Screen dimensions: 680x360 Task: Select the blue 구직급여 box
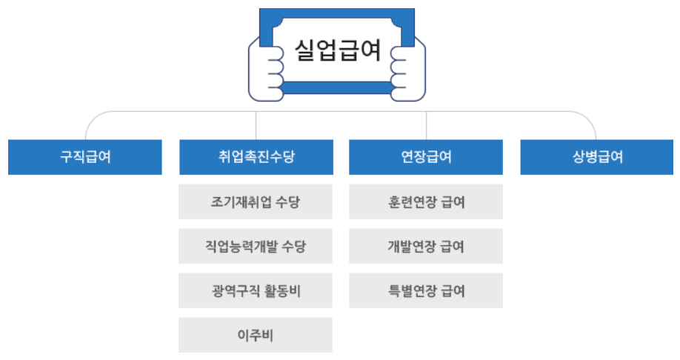click(x=85, y=157)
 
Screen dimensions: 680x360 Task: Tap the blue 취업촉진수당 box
click(x=256, y=157)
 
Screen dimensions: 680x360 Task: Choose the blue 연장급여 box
click(x=426, y=157)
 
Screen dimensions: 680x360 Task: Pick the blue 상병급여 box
click(x=597, y=157)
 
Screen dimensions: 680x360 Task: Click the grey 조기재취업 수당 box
click(x=256, y=201)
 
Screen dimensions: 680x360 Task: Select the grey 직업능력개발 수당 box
click(x=256, y=246)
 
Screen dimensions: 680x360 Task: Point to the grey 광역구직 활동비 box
click(x=256, y=290)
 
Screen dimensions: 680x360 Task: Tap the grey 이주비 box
click(x=256, y=335)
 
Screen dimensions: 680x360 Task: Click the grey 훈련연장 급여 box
click(x=426, y=201)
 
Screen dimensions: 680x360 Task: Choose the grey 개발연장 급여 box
click(x=426, y=246)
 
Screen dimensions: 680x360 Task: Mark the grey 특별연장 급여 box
click(x=426, y=290)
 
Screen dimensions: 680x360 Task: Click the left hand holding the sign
click(x=268, y=70)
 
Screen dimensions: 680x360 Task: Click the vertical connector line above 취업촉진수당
click(x=256, y=125)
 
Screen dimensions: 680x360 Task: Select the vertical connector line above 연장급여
click(x=426, y=125)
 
